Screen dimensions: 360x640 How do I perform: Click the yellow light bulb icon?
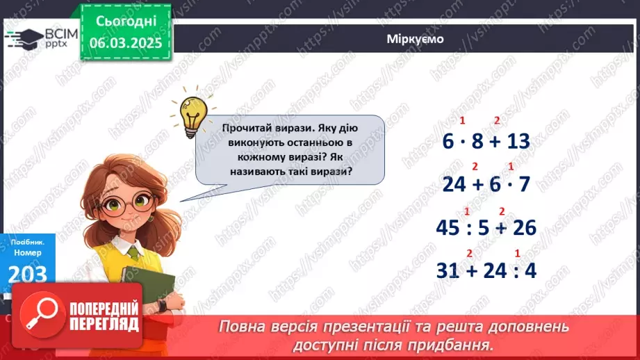click(190, 112)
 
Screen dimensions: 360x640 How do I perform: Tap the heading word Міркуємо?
click(415, 40)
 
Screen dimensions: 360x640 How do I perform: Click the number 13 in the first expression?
click(518, 141)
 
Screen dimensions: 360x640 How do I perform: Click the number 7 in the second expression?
click(524, 184)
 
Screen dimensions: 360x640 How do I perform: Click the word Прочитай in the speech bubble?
click(246, 128)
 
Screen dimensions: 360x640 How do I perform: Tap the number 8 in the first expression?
click(477, 141)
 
